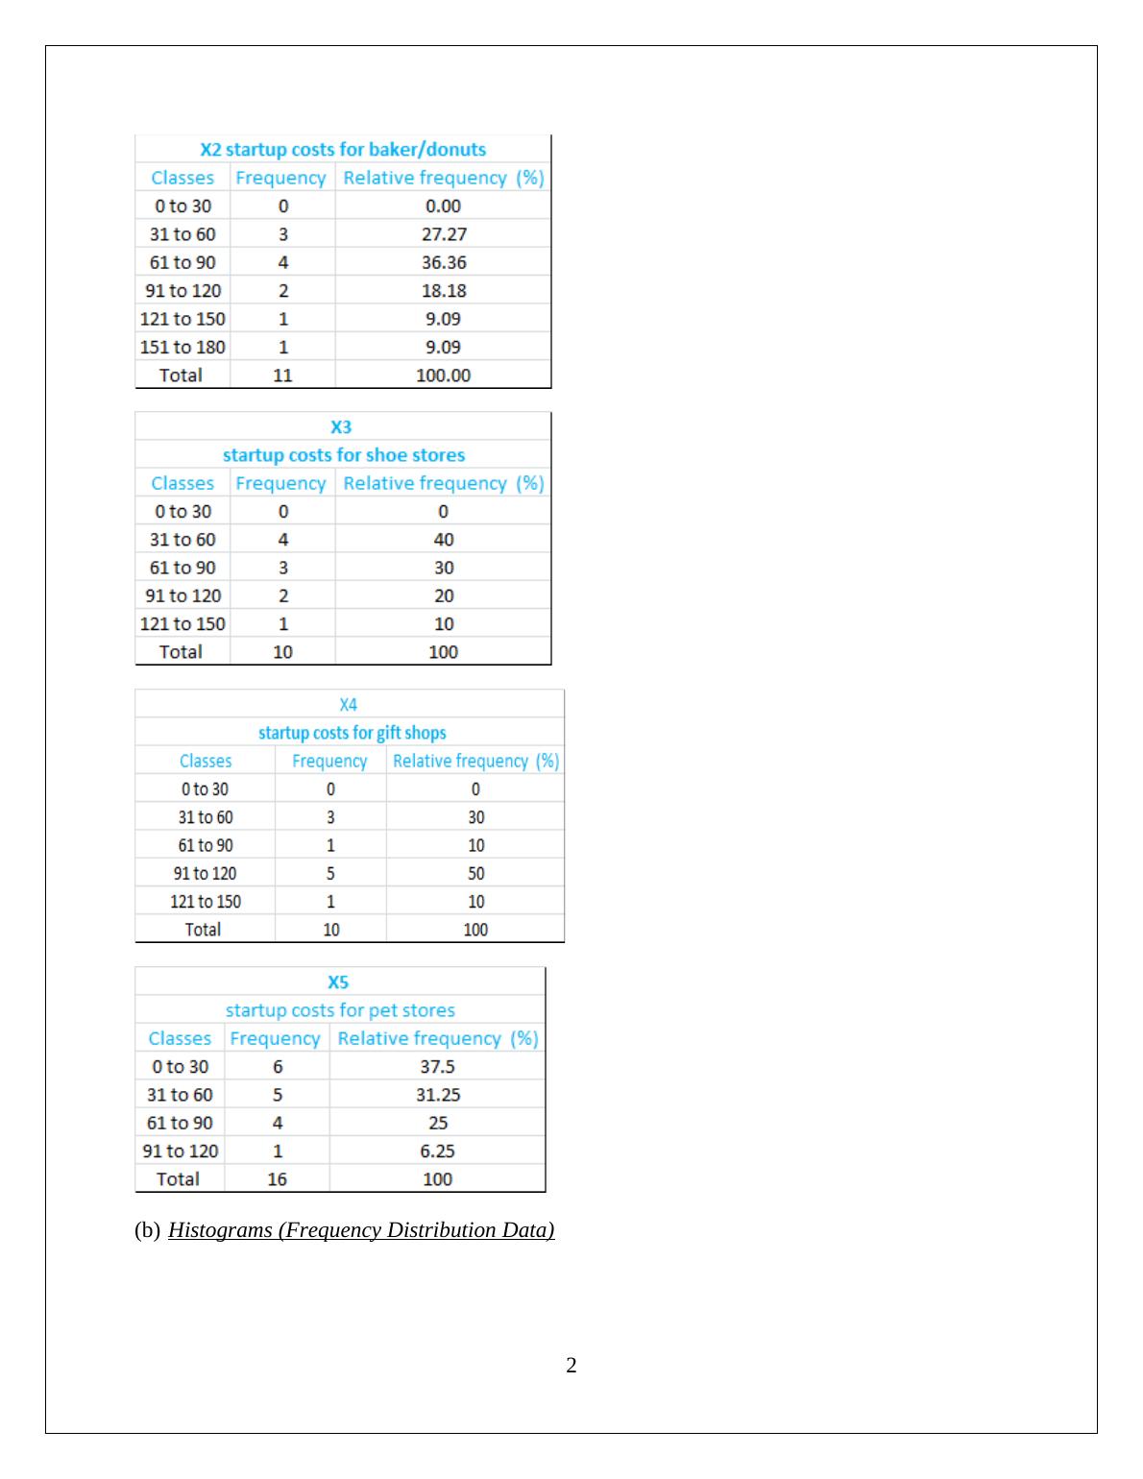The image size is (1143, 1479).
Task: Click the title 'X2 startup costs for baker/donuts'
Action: point(343,149)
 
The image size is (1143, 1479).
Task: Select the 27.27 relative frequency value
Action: point(444,234)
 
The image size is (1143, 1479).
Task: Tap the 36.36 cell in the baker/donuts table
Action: point(444,262)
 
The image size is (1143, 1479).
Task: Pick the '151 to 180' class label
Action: point(182,347)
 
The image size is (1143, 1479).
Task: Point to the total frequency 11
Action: point(282,376)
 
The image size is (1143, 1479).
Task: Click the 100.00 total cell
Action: point(443,376)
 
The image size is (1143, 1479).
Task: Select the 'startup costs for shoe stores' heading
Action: point(344,455)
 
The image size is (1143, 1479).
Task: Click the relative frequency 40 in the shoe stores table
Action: point(444,540)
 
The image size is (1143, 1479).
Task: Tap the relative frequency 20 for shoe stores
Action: point(444,595)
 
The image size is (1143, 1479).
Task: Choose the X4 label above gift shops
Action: point(349,705)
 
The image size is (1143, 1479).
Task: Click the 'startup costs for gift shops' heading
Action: point(353,733)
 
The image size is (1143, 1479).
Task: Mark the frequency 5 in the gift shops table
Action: point(330,873)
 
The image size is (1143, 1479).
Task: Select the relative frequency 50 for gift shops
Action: point(475,873)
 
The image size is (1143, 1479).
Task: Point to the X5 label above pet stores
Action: point(338,982)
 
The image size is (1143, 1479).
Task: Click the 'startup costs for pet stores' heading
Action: point(340,1010)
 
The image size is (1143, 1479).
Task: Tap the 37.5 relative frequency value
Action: point(437,1067)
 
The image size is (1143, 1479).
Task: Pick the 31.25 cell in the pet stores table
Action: point(437,1095)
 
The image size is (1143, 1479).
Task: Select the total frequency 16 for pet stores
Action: point(277,1179)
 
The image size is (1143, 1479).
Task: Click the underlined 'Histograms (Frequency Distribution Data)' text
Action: point(361,1230)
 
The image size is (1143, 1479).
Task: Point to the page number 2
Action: point(571,1366)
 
